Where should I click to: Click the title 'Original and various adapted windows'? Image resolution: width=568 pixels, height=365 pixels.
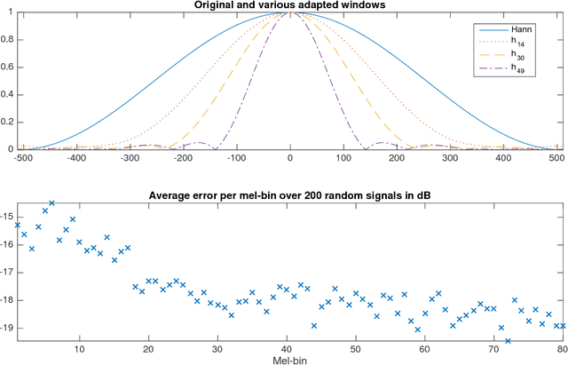(x=290, y=6)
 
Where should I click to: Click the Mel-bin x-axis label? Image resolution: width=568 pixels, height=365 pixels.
(x=289, y=360)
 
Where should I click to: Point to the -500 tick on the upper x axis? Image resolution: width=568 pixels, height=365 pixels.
(x=24, y=159)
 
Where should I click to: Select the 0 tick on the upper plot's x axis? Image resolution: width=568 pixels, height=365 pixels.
(x=290, y=159)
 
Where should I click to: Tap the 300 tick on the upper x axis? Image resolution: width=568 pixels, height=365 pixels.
(x=450, y=159)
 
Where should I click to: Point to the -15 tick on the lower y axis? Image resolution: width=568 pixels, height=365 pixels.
(x=7, y=216)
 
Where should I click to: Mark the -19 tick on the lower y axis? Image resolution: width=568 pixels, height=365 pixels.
(x=7, y=328)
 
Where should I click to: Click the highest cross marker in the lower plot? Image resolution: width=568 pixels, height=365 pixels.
(x=51, y=203)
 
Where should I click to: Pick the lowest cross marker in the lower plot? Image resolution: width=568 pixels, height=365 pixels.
(x=508, y=340)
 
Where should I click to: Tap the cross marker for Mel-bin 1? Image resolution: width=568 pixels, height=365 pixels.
(x=18, y=225)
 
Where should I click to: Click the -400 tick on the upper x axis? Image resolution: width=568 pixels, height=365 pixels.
(x=77, y=159)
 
